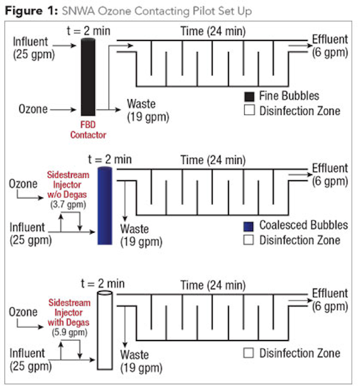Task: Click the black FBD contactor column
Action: [88, 77]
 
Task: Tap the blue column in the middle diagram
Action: [104, 206]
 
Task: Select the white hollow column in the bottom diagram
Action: [104, 330]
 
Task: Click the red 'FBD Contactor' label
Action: [88, 130]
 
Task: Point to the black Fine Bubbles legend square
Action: [249, 97]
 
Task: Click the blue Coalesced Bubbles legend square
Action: [248, 226]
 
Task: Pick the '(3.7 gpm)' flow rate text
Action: [68, 204]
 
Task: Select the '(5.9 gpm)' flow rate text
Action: [69, 333]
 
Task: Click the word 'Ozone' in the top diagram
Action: [33, 109]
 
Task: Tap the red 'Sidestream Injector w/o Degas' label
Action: [68, 184]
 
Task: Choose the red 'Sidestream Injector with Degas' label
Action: [69, 313]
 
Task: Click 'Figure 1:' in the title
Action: [31, 11]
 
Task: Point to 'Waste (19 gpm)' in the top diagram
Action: [148, 111]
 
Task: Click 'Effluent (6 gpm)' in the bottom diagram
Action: [330, 300]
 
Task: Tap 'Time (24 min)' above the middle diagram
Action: [213, 160]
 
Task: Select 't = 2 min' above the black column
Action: [89, 31]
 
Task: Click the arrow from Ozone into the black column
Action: [63, 109]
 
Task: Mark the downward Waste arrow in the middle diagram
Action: [125, 201]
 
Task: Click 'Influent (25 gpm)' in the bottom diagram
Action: [31, 360]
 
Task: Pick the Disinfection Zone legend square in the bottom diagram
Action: [248, 353]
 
